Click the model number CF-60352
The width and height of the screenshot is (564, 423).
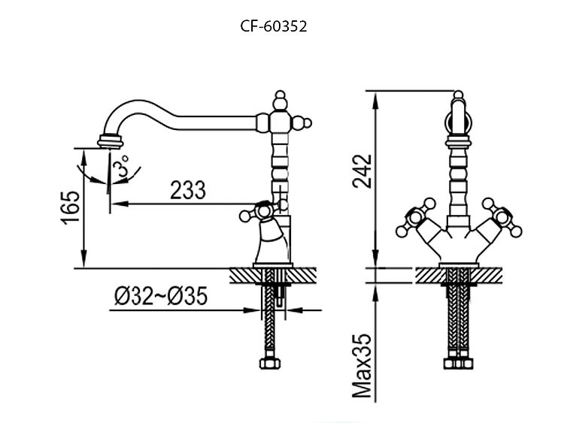274,26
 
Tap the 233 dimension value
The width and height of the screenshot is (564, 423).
188,190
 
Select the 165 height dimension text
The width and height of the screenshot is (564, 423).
70,207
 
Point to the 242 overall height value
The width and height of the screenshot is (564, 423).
362,171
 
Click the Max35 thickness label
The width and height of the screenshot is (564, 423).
362,365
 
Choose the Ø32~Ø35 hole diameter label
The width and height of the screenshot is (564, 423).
161,296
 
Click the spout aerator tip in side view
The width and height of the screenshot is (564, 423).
111,140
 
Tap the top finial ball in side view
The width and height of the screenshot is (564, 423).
280,100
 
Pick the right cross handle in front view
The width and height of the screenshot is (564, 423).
502,217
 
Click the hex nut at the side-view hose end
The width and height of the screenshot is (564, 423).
270,364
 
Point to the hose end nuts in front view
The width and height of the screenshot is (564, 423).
458,364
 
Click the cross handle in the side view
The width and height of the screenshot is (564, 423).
264,210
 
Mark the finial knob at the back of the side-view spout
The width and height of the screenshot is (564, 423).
302,123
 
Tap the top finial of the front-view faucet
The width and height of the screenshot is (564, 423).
458,95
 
